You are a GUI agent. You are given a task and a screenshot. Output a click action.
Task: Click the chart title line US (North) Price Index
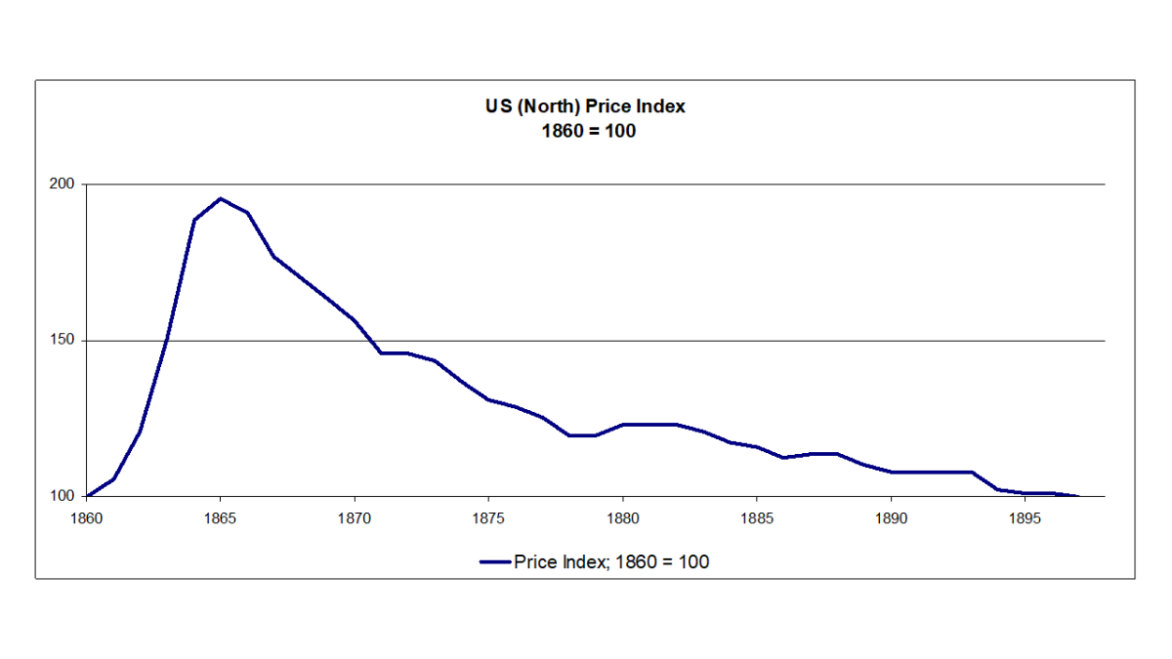(x=586, y=106)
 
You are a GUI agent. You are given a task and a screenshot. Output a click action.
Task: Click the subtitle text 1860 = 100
(x=586, y=130)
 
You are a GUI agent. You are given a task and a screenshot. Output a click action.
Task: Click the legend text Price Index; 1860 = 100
(x=611, y=561)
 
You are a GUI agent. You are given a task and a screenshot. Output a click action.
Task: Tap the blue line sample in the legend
(x=495, y=561)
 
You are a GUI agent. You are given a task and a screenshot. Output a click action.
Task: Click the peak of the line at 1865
(x=221, y=198)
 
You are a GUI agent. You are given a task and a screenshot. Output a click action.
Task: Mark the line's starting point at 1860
(x=87, y=496)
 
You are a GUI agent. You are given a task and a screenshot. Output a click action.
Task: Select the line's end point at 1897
(x=1078, y=496)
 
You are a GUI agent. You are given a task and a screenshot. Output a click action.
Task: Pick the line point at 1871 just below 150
(x=381, y=352)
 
